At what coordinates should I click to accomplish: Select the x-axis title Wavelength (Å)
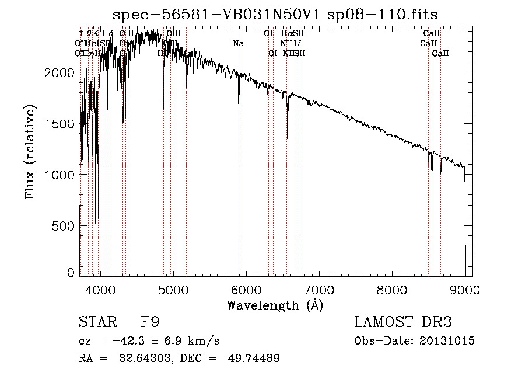275,305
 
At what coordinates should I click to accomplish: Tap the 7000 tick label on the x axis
319,289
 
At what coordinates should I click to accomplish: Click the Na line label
238,43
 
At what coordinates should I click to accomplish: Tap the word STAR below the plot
96,323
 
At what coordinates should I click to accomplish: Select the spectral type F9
150,323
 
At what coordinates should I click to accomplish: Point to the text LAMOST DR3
403,323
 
